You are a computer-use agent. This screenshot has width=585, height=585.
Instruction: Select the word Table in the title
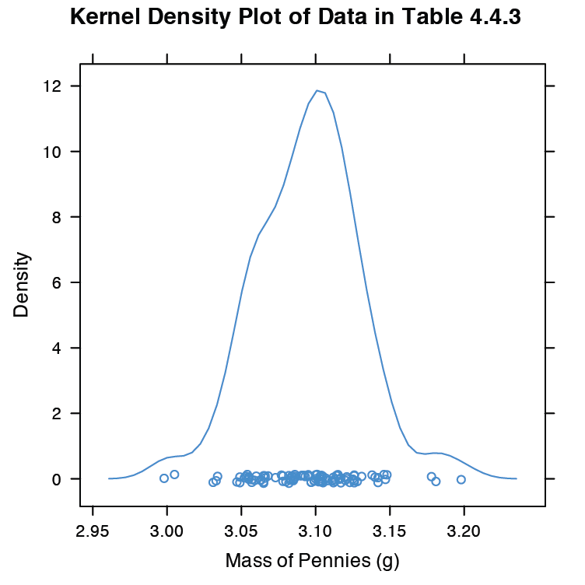[430, 17]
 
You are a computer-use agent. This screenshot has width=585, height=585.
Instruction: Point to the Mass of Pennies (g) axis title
[312, 560]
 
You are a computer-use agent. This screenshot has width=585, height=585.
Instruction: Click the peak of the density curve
[317, 90]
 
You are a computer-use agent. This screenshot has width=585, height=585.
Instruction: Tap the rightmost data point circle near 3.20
[461, 479]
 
